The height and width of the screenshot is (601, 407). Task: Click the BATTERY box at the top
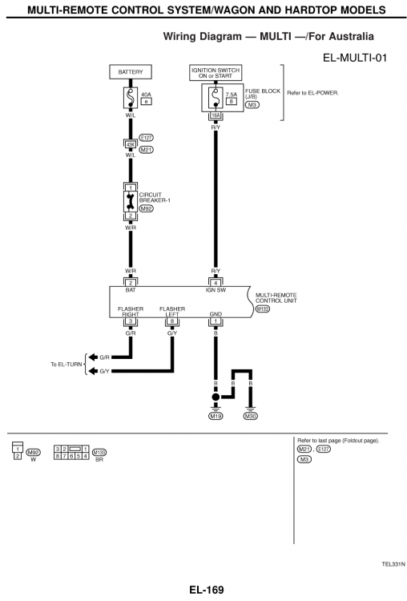[x=131, y=72]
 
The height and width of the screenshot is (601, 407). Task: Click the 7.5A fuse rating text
[x=232, y=95]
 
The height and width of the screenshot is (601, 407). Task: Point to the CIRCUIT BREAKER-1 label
[x=152, y=196]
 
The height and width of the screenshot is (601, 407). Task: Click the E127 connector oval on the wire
[x=147, y=137]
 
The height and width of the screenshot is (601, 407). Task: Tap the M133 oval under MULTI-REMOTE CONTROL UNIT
[x=262, y=308]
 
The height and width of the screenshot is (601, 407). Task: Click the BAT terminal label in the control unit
[x=131, y=289]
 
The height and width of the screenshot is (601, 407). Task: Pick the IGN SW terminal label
[x=216, y=289]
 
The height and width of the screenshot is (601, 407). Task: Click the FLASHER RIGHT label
[x=131, y=311]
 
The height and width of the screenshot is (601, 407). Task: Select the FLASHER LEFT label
[x=172, y=311]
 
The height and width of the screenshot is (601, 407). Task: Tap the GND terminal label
[x=215, y=314]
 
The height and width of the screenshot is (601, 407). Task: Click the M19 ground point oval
[x=216, y=416]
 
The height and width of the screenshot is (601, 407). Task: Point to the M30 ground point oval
[x=250, y=416]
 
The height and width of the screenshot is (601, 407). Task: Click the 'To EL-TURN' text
[x=66, y=365]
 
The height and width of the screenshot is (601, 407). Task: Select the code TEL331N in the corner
[x=393, y=563]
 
